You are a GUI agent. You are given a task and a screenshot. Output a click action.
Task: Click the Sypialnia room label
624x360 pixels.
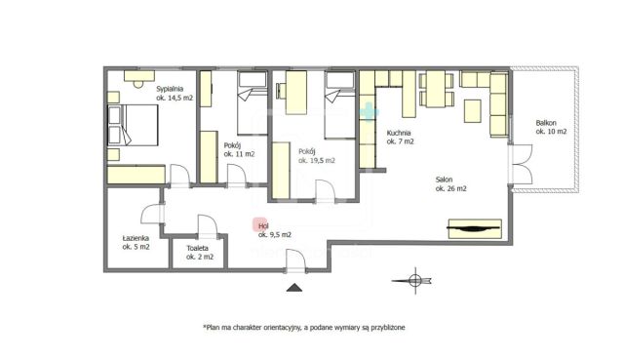[170, 89]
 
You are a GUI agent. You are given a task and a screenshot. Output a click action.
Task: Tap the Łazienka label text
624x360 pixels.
[136, 238]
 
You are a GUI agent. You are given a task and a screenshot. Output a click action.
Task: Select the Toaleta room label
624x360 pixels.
[198, 248]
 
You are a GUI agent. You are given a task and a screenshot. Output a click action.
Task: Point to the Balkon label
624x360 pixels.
[546, 123]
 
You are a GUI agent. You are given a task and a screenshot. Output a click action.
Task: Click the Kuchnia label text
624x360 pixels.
[399, 133]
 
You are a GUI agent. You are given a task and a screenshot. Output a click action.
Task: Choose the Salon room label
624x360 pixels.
[444, 180]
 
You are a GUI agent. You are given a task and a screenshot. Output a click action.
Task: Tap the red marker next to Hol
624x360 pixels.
[260, 224]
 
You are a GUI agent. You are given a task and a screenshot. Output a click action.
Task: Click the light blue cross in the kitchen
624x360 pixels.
[369, 112]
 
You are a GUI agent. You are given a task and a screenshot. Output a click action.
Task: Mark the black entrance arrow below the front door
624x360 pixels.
[294, 288]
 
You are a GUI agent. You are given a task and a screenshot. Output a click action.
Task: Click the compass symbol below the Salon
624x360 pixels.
[413, 281]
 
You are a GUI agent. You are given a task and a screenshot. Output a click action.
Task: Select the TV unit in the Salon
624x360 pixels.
[475, 228]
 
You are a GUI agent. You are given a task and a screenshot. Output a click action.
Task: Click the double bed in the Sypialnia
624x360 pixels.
[133, 125]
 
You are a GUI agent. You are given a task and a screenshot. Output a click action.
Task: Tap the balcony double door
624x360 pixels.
[522, 164]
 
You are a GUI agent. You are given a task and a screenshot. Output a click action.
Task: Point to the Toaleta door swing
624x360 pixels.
[208, 226]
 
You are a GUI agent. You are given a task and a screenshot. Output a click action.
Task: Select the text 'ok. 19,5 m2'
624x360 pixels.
[317, 160]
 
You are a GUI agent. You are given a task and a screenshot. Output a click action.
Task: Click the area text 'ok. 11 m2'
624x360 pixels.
[239, 154]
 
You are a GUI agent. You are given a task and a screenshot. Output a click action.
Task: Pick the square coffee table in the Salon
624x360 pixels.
[472, 110]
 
